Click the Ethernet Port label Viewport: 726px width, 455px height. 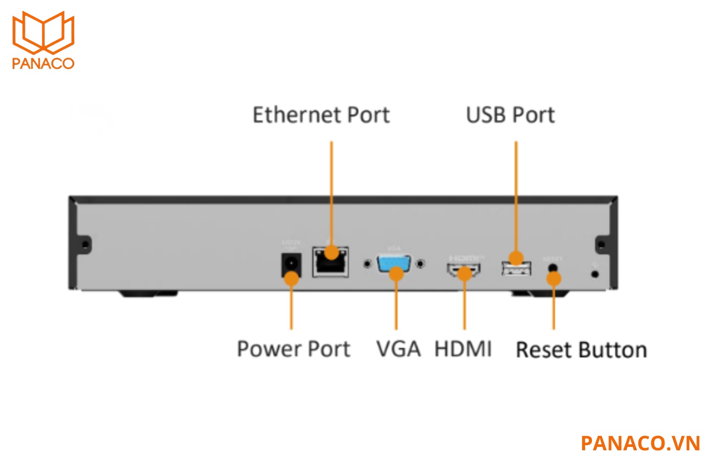pyautogui.click(x=321, y=115)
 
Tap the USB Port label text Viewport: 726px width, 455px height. pyautogui.click(x=510, y=115)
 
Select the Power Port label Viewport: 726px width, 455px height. pyautogui.click(x=293, y=349)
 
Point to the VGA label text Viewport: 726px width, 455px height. pyautogui.click(x=398, y=349)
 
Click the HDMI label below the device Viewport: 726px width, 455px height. pyautogui.click(x=463, y=349)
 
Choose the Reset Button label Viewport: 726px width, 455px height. pyautogui.click(x=581, y=350)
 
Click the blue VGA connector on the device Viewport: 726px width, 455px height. pyautogui.click(x=394, y=263)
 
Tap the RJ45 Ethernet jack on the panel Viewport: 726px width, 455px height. pyautogui.click(x=331, y=262)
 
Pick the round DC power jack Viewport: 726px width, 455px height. pyautogui.click(x=291, y=265)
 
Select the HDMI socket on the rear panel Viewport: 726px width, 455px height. pyautogui.click(x=464, y=270)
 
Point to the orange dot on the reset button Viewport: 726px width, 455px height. pyautogui.click(x=554, y=279)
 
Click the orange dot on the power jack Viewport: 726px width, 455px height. pyautogui.click(x=291, y=279)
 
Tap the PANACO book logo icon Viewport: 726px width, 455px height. pyautogui.click(x=43, y=32)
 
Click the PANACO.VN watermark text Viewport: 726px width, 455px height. pyautogui.click(x=640, y=443)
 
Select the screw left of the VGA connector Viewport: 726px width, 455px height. pyautogui.click(x=367, y=264)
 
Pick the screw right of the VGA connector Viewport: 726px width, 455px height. pyautogui.click(x=421, y=264)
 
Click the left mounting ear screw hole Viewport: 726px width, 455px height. pyautogui.click(x=85, y=245)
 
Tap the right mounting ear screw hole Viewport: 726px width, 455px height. pyautogui.click(x=601, y=245)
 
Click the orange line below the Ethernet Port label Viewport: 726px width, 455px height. pyautogui.click(x=331, y=192)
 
